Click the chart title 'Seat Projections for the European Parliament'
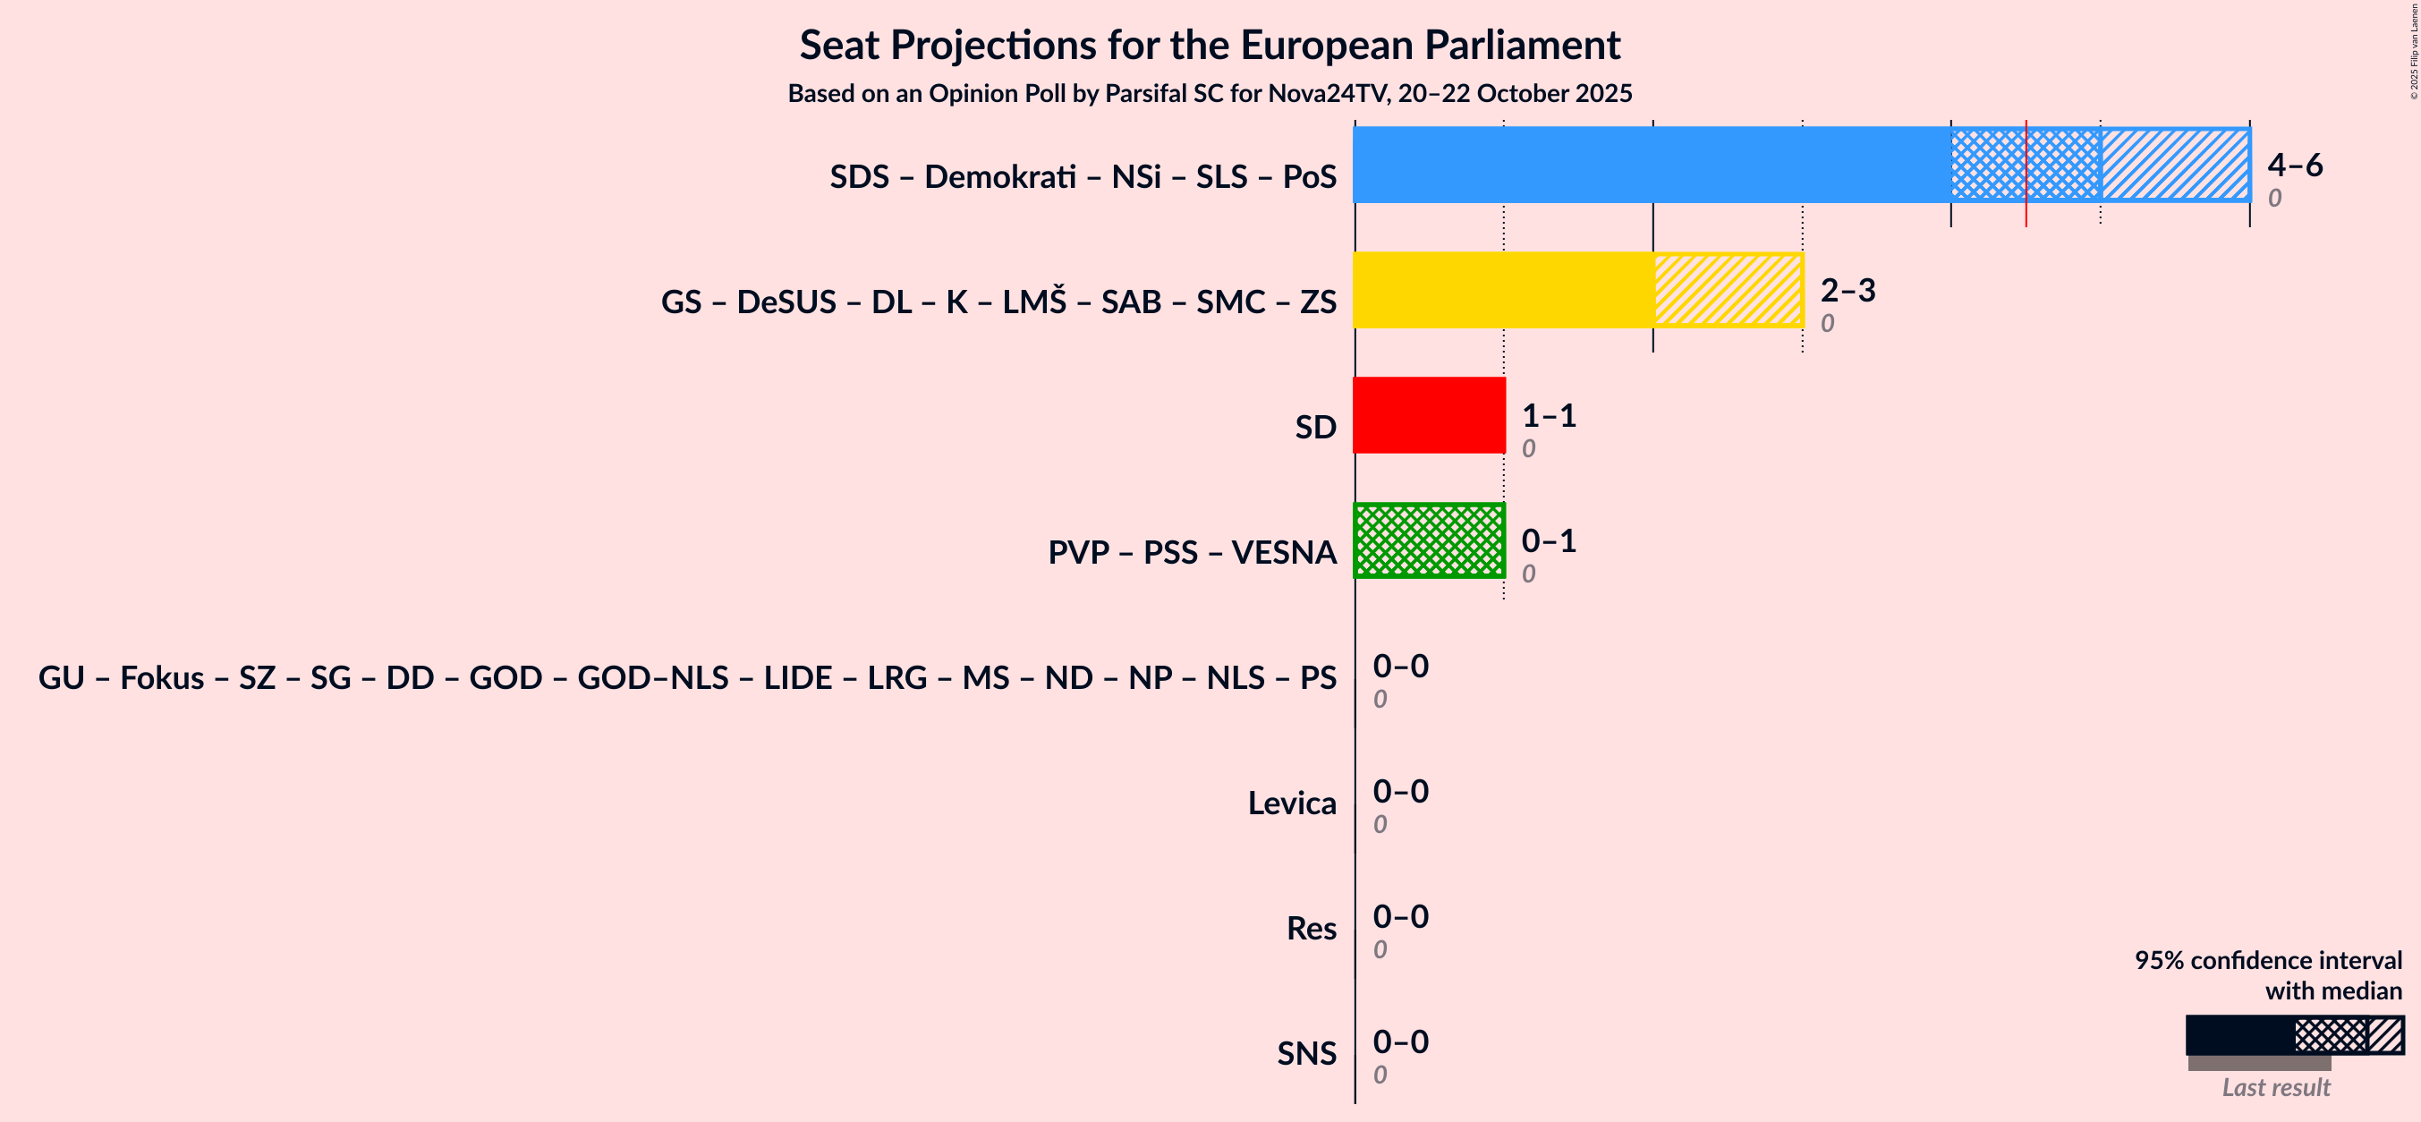point(1210,45)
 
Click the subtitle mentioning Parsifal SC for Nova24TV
point(1210,93)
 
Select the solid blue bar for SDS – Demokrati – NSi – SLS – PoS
point(1652,165)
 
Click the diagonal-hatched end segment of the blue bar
point(2175,165)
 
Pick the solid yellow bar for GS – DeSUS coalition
point(1503,289)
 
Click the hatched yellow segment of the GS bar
point(1728,289)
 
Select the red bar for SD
point(1429,414)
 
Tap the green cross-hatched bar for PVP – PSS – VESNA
point(1429,540)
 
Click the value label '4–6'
point(2294,165)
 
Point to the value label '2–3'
point(1847,289)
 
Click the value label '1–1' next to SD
point(1548,414)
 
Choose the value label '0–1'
point(1548,540)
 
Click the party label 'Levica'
point(1291,803)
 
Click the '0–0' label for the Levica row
point(1400,791)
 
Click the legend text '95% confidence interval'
point(2267,959)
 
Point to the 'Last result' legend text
point(2275,1087)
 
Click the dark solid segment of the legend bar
point(2238,1034)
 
